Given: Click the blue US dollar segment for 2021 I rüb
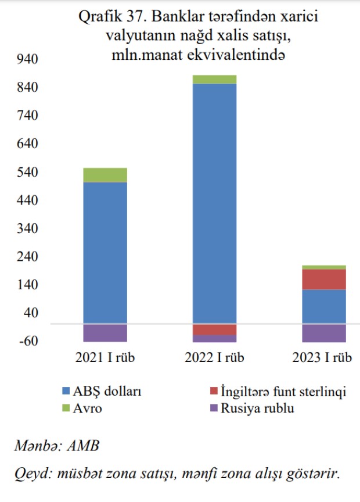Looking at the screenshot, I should [105, 253].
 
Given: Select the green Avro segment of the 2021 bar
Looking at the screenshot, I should [105, 175].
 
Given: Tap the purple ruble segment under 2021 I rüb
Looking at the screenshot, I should [105, 333].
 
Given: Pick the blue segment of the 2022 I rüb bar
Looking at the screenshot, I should [214, 203].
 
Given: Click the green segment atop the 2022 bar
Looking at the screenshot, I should [214, 80].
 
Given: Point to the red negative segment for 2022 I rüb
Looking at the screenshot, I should [214, 329].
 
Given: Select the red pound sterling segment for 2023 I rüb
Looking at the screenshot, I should [323, 279].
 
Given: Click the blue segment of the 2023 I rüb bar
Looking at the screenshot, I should [323, 306].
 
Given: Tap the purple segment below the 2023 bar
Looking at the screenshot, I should [323, 333].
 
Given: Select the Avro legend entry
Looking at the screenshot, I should [88, 408].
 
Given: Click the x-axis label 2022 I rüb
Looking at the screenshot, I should [214, 357].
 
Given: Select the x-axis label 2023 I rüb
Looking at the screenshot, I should [323, 357].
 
